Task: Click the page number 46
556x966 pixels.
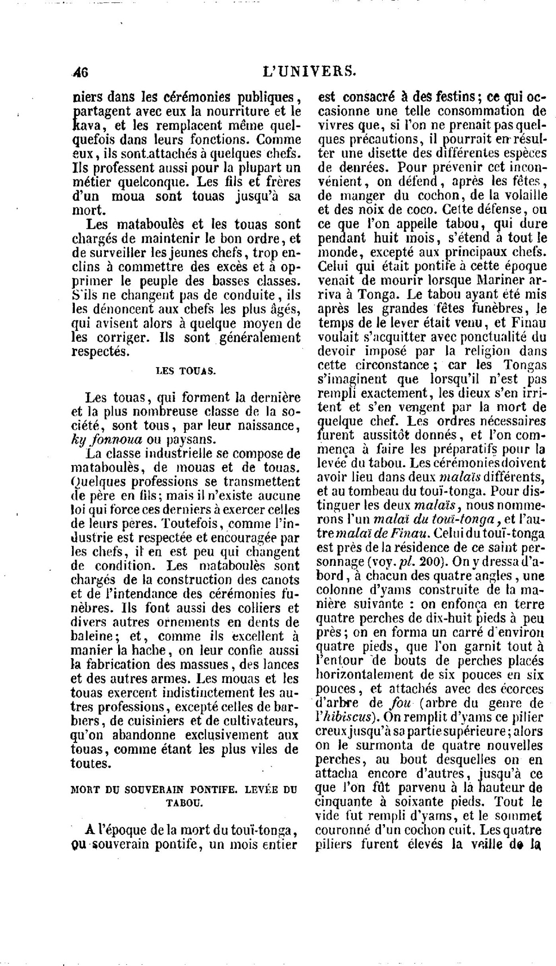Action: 81,72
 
